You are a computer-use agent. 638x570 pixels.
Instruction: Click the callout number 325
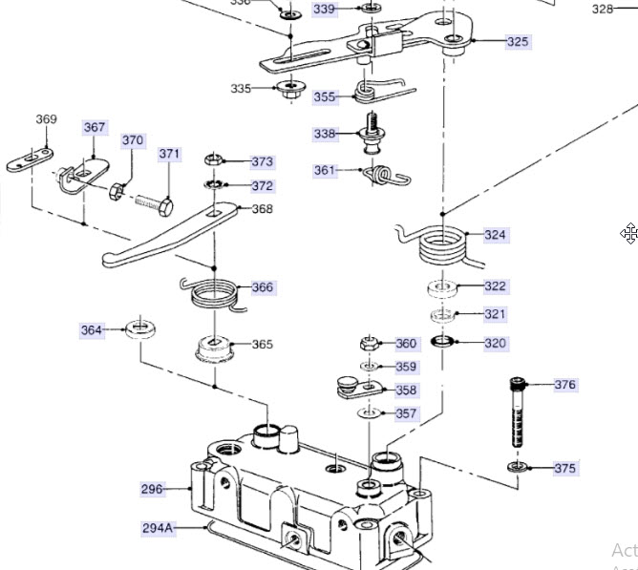(x=518, y=42)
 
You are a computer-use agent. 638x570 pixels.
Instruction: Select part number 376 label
(x=565, y=385)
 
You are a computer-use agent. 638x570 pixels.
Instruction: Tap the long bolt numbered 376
(x=518, y=413)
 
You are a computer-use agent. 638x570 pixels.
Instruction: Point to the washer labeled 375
(x=517, y=467)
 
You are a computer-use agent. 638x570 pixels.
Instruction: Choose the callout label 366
(x=262, y=287)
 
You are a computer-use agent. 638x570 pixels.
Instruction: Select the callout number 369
(x=46, y=119)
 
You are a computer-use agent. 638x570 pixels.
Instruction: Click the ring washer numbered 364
(x=141, y=330)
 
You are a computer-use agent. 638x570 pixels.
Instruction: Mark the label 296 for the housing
(x=152, y=489)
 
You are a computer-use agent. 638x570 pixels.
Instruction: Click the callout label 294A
(x=159, y=527)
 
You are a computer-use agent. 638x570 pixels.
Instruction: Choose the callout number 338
(x=326, y=134)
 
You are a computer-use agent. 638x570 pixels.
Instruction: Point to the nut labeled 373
(x=215, y=159)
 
